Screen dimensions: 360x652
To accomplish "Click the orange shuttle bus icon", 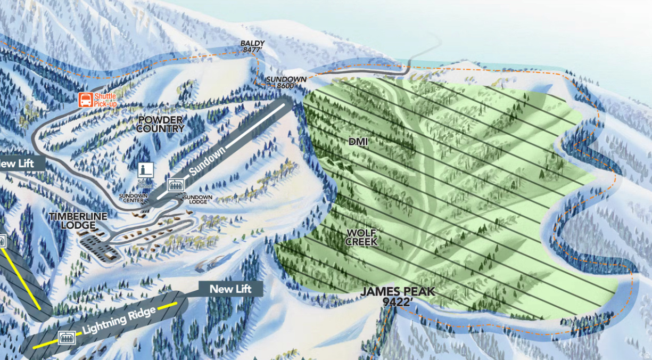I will click(x=85, y=100).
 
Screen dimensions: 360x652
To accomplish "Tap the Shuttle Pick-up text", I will click(x=105, y=100).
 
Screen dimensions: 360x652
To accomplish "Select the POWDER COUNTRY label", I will click(x=160, y=124).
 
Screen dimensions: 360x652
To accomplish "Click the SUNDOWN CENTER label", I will click(x=134, y=198).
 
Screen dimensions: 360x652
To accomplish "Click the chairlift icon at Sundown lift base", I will click(x=175, y=185).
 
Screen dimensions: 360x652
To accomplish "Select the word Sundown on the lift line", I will click(x=208, y=160).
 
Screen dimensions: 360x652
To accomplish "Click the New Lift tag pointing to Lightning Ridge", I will click(x=229, y=289).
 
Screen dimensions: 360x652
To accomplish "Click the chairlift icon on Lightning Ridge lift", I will click(x=66, y=337).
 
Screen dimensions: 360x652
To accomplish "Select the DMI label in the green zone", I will click(x=358, y=142).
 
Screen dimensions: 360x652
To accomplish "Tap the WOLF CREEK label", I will click(x=361, y=237).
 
